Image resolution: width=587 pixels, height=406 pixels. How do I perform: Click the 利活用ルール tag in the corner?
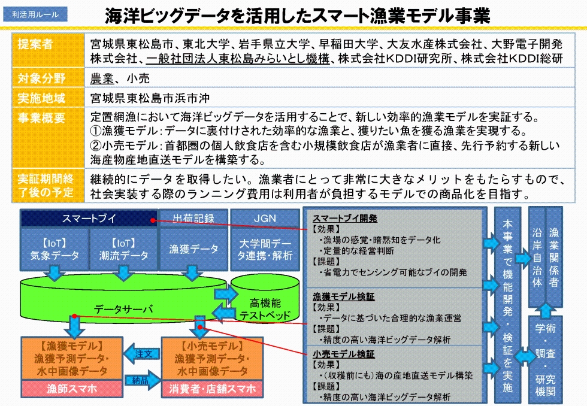coord(35,14)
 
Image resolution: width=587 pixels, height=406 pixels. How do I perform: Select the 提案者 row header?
coord(48,50)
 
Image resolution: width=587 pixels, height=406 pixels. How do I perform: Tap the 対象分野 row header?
coord(48,78)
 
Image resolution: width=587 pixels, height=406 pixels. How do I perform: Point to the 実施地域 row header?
coord(48,98)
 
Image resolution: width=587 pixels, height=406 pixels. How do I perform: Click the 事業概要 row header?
coord(48,138)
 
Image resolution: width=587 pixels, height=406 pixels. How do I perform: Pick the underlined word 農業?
coord(102,78)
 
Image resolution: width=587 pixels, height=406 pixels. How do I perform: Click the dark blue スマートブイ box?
coord(89,219)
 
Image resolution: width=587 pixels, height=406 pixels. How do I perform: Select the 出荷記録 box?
coord(193,219)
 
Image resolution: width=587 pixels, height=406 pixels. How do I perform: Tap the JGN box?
coord(265,219)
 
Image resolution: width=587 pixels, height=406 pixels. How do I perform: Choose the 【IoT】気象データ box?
coord(55,250)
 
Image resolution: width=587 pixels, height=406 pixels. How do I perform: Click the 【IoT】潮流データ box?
coord(123,250)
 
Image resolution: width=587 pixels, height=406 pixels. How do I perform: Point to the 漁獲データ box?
coord(193,250)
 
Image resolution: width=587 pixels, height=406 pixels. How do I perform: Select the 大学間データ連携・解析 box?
coord(265,250)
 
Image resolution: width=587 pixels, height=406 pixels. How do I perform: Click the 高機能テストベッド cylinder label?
coord(265,309)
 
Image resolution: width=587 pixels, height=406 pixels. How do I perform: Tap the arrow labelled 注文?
coord(142,354)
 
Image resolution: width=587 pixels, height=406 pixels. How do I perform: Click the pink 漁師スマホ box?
coord(72,389)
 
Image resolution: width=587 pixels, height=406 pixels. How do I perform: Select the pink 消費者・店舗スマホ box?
coord(212,389)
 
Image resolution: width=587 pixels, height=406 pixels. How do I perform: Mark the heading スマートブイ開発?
coord(345,219)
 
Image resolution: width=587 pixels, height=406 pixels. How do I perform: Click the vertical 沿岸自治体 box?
coord(537,258)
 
